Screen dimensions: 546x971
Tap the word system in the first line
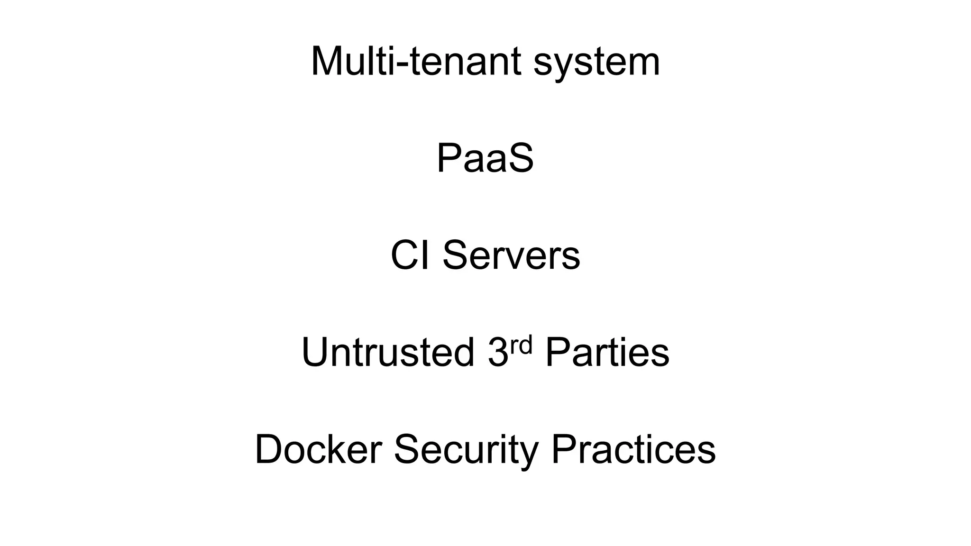point(596,63)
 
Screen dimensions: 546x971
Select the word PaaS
point(485,158)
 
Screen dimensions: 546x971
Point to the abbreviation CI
point(411,255)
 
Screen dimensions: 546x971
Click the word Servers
point(511,255)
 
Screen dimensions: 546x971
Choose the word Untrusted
point(388,352)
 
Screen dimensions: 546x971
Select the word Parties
point(607,352)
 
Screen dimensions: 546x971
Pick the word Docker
point(319,449)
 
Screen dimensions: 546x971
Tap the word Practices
point(633,449)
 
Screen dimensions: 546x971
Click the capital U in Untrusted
point(315,352)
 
